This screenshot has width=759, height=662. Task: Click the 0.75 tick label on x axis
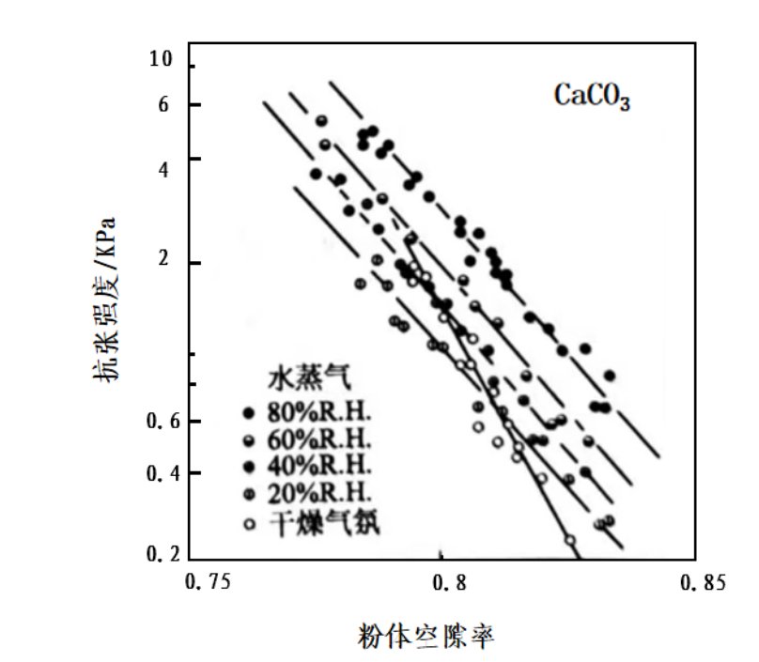(208, 583)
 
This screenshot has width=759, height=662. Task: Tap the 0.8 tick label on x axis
(451, 583)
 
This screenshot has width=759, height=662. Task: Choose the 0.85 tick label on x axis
(701, 583)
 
